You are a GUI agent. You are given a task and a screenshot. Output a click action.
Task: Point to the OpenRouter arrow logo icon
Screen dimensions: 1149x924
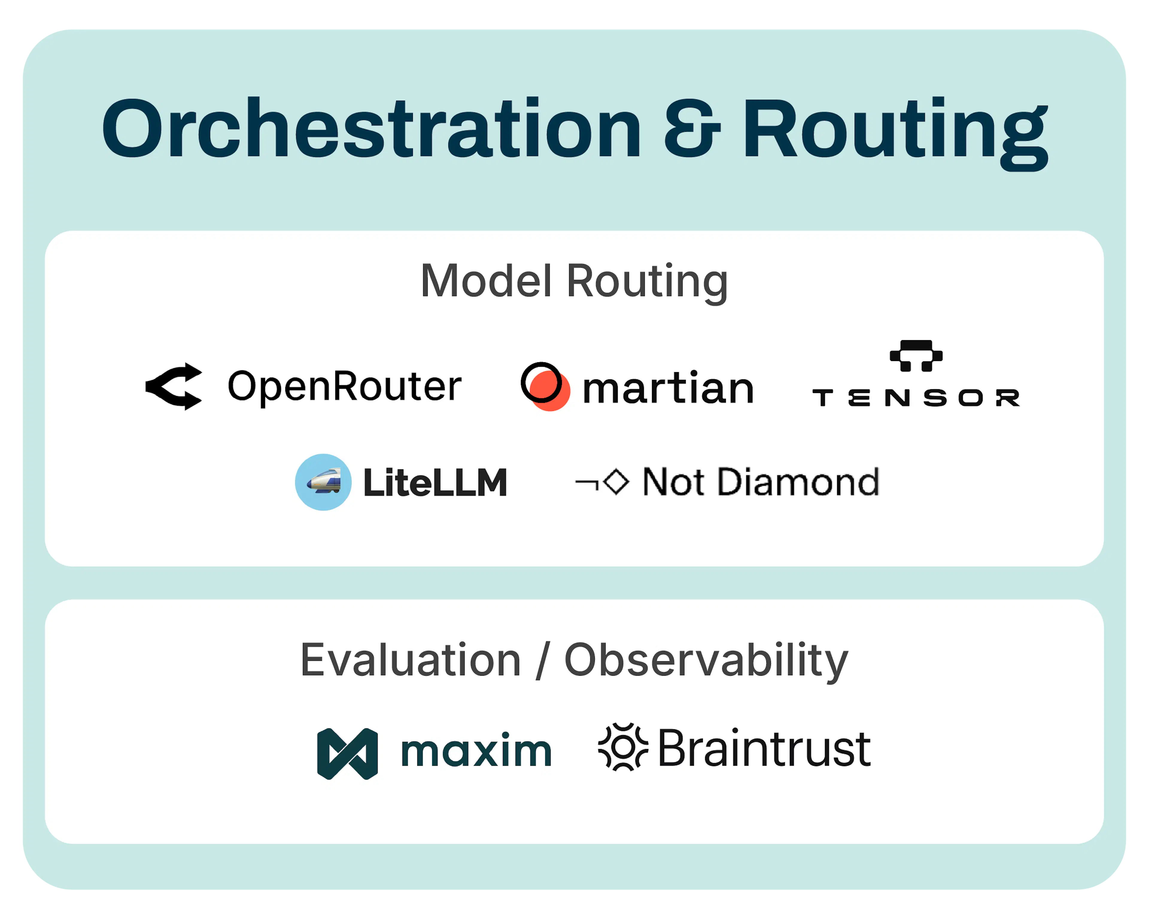[x=174, y=386]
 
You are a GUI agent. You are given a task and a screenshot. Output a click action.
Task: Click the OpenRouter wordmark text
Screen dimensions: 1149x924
[x=344, y=386]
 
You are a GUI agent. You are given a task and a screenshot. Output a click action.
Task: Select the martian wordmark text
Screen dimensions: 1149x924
[x=668, y=387]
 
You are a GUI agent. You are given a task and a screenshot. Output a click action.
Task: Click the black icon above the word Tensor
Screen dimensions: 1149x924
[x=916, y=355]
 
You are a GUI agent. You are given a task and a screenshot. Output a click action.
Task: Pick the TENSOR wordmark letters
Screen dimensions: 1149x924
[x=916, y=398]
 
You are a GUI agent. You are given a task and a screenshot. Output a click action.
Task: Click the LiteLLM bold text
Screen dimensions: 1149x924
[x=435, y=483]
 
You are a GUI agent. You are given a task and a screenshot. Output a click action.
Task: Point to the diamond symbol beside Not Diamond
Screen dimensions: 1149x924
[x=617, y=482]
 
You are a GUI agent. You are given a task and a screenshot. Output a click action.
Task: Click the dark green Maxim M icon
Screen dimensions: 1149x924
[x=347, y=753]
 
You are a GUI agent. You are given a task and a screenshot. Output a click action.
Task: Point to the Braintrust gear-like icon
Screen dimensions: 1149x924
[x=623, y=747]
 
